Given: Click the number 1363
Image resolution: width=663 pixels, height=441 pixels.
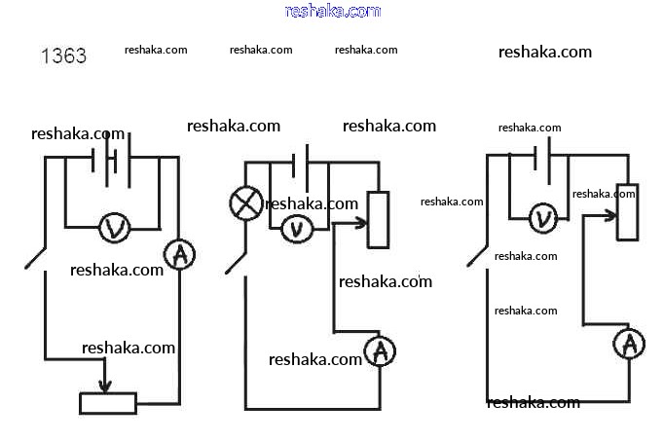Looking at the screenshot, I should click(63, 56).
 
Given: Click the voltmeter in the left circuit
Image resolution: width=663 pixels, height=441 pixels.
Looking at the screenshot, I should click(115, 228).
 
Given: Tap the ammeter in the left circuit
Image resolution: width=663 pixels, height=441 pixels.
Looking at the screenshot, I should click(179, 255).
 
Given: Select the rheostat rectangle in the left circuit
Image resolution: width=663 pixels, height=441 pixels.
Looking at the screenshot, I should click(108, 402).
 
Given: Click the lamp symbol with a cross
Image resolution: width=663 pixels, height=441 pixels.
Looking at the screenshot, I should click(244, 203).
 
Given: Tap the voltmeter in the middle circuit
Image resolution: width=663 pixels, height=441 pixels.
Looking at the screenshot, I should click(295, 229).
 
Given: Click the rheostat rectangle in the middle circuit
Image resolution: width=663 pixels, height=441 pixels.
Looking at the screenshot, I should click(377, 219).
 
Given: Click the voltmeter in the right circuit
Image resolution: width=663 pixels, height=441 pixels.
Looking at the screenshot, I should click(543, 218).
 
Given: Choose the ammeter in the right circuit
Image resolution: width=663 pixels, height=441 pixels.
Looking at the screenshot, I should click(629, 343).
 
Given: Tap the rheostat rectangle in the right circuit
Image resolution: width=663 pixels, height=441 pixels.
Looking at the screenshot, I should click(628, 211).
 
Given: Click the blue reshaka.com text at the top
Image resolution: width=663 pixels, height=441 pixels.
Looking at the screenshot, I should click(332, 11).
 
